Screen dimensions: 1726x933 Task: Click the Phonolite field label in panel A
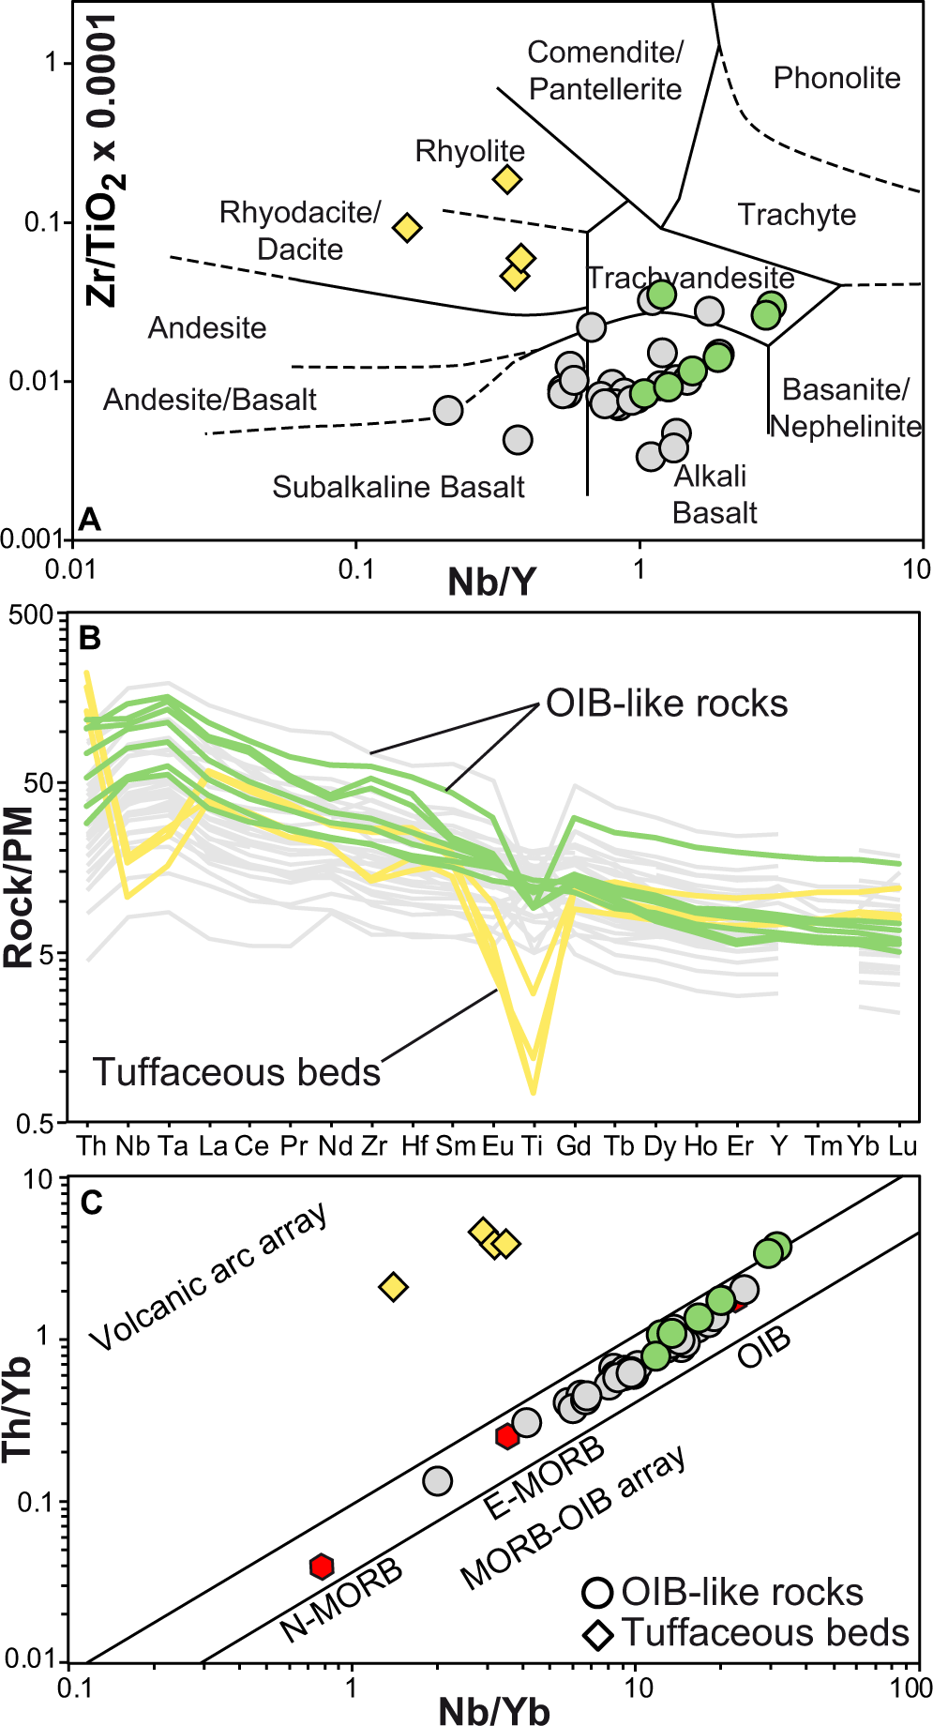click(x=836, y=78)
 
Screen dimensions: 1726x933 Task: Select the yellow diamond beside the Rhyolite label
click(x=507, y=179)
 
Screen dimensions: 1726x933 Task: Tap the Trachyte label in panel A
click(x=796, y=215)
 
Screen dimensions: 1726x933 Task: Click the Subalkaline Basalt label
click(x=398, y=487)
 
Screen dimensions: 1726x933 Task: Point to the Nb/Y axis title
click(x=491, y=583)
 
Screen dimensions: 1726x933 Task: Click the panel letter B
click(x=89, y=639)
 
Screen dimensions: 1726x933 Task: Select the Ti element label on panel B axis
click(x=533, y=1146)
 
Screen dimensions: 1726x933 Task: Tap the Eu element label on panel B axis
click(x=497, y=1146)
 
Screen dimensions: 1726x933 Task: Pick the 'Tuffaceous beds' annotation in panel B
click(x=236, y=1072)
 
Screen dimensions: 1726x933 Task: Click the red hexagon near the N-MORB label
click(x=322, y=1566)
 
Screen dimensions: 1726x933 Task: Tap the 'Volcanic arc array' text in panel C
click(x=209, y=1276)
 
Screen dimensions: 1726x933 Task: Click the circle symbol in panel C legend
click(x=597, y=1592)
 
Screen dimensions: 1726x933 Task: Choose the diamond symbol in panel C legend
click(x=597, y=1634)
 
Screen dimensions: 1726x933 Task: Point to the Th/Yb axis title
click(x=19, y=1407)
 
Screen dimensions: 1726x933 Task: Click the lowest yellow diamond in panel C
click(x=394, y=1286)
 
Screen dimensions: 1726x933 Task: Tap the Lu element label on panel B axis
click(x=902, y=1146)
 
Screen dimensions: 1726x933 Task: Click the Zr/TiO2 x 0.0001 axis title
click(x=103, y=159)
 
